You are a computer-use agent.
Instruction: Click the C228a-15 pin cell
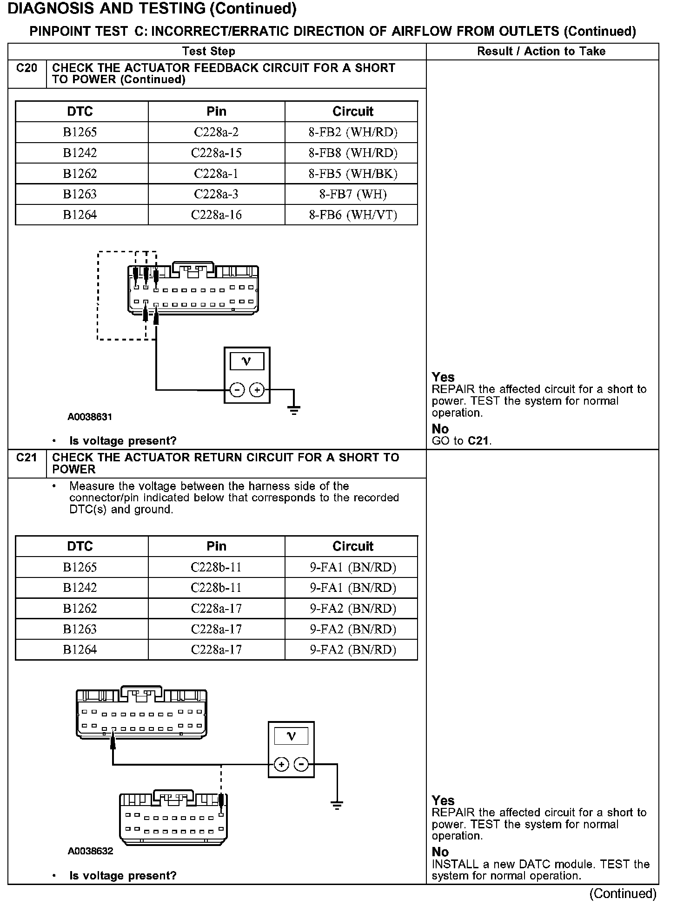click(216, 153)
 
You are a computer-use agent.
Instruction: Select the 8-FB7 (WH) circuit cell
click(353, 194)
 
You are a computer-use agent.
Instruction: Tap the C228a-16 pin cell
click(216, 215)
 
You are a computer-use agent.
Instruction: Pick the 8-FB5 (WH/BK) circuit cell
click(353, 174)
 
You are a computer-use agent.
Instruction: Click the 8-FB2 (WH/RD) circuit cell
click(353, 132)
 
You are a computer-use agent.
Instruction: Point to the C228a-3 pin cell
click(216, 194)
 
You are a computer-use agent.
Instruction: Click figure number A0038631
click(90, 417)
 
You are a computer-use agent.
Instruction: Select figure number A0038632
click(90, 851)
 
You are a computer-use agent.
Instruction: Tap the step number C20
click(27, 68)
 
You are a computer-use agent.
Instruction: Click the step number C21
click(27, 458)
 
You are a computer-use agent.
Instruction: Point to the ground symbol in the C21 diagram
click(337, 805)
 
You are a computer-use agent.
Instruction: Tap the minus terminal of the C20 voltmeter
click(237, 390)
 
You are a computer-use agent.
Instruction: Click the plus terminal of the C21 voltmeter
click(281, 764)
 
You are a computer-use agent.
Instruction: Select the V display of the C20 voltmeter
click(247, 361)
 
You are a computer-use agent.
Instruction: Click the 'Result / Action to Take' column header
click(541, 52)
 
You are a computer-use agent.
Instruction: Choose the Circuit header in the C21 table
click(353, 546)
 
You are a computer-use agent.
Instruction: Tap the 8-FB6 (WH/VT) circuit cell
click(353, 215)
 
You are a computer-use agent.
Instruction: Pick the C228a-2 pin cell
click(216, 132)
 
